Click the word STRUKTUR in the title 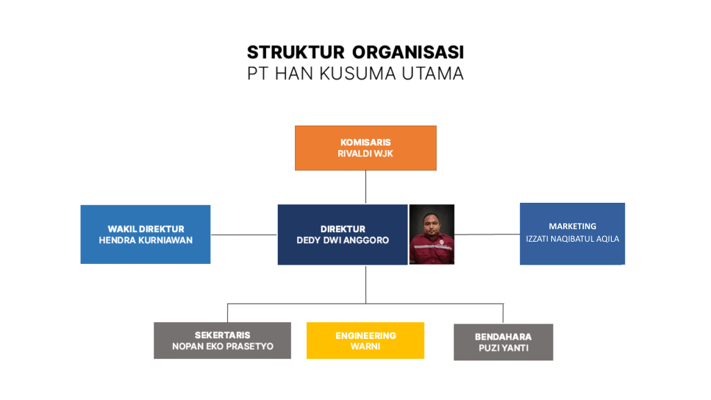tap(296, 52)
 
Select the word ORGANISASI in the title tap(408, 52)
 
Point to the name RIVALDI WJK tap(366, 153)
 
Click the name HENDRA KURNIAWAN tap(145, 240)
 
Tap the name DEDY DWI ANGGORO tap(343, 240)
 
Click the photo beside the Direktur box tap(432, 234)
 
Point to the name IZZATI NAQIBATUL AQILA tap(572, 239)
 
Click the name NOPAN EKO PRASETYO tap(222, 347)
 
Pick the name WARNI tap(365, 347)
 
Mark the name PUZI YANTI tap(503, 348)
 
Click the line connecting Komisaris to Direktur tap(366, 187)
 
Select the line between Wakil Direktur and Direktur tap(244, 235)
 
